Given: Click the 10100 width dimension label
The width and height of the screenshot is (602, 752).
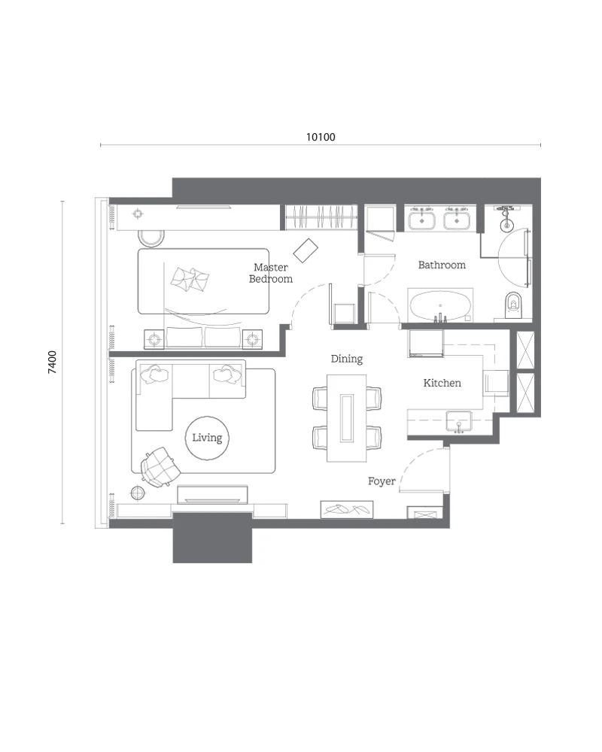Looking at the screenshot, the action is coord(321,137).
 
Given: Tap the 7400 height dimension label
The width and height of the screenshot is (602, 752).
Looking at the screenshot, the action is coord(53,362).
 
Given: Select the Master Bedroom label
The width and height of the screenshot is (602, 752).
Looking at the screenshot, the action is coord(271,273).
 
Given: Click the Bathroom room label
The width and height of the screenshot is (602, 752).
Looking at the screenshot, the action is coord(442,265).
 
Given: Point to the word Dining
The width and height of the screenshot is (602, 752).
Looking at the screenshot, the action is coord(347,359).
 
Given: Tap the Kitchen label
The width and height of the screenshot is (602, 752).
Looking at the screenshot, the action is coord(442,383).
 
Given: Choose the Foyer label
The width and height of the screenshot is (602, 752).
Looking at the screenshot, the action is coord(382,481).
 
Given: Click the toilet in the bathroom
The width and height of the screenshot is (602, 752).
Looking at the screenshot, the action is coord(513,305).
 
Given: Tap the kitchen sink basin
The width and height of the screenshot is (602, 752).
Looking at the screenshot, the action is coord(459,420).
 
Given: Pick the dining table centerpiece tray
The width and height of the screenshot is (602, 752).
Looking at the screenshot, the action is coord(347,417).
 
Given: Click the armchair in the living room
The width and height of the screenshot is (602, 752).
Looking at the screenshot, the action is coord(160,467).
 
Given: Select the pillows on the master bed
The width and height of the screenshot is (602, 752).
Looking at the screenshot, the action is coord(190,279).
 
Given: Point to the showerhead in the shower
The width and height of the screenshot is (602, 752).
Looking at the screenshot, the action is coord(506,223).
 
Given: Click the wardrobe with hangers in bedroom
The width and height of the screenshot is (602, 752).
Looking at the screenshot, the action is coord(321,217).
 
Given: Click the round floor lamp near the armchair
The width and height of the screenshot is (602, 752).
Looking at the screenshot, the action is coord(138,493).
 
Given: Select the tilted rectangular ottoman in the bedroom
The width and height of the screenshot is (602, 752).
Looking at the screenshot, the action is coord(306,251).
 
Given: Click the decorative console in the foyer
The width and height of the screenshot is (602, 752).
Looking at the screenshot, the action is coord(347,509).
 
